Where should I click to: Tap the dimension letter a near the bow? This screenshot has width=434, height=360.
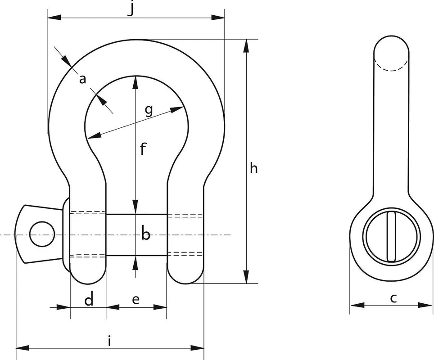tap(82, 80)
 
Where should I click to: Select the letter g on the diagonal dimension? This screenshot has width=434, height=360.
tap(149, 110)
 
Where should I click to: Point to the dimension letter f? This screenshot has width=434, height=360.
tap(143, 149)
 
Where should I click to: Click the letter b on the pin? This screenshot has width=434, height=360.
tap(145, 233)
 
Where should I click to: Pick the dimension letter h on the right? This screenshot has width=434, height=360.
tap(253, 168)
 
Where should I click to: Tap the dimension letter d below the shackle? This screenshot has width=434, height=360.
tap(89, 299)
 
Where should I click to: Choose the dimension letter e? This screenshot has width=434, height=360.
tap(136, 300)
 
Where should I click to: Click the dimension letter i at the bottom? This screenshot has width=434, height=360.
tap(109, 341)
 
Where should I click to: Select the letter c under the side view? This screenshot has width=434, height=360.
tap(393, 298)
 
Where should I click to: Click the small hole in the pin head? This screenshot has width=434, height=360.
tap(42, 234)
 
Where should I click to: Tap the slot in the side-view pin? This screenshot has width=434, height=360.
tap(391, 236)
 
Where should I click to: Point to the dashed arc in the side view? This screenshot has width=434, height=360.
tap(391, 65)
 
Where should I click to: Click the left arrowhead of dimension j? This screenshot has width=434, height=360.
tap(54, 18)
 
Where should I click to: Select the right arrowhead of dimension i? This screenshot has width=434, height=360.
tap(197, 348)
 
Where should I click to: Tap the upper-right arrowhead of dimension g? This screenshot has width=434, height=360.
tap(177, 109)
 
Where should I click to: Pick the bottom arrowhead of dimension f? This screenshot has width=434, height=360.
tap(136, 207)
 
